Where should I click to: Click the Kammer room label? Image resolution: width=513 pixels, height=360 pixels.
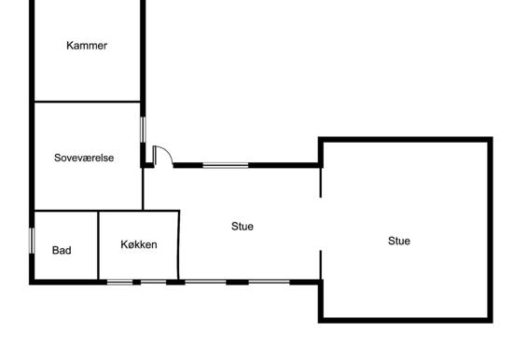click(x=87, y=46)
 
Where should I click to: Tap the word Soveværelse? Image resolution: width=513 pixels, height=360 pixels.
click(x=84, y=158)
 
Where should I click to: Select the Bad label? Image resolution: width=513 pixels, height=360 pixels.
click(x=62, y=250)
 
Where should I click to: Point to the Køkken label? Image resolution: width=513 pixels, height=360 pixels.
click(x=139, y=244)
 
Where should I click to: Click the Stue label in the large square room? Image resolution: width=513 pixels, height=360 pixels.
click(x=399, y=241)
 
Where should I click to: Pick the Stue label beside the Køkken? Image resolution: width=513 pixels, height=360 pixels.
click(x=243, y=226)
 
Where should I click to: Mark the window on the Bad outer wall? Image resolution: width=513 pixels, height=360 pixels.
click(x=32, y=241)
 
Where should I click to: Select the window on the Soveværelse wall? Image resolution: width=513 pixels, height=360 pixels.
click(x=143, y=130)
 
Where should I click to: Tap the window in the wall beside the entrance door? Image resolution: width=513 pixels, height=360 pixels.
click(x=226, y=166)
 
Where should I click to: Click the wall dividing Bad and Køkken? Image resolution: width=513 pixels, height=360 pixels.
click(x=98, y=245)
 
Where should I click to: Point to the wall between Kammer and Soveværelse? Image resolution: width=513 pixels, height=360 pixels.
click(x=88, y=102)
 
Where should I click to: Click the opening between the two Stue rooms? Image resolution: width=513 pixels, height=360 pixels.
click(x=321, y=224)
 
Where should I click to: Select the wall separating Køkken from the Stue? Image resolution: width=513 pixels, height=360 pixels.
click(x=179, y=245)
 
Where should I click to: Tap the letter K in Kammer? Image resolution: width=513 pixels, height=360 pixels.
click(x=70, y=46)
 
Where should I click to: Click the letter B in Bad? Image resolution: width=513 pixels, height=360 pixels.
click(x=55, y=250)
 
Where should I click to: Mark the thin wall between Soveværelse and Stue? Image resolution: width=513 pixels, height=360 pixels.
click(x=143, y=188)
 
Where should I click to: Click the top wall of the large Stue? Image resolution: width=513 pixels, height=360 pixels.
click(x=406, y=140)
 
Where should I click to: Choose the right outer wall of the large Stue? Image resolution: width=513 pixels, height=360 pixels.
click(x=490, y=230)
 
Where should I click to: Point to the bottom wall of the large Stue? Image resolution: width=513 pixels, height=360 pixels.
click(x=406, y=321)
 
